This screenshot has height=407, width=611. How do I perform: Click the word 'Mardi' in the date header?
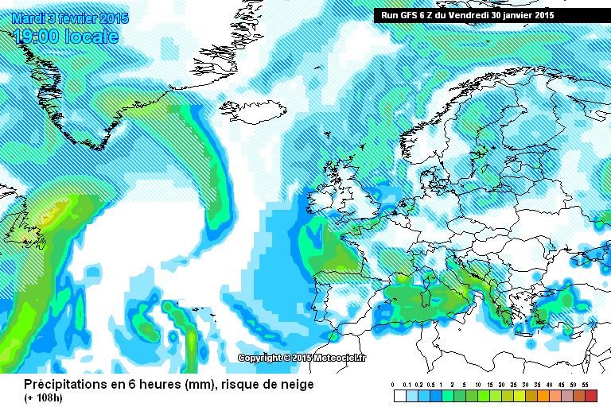pos(27,18)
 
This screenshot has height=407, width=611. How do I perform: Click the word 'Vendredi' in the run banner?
pos(472,15)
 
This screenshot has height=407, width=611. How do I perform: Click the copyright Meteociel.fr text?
pos(302,359)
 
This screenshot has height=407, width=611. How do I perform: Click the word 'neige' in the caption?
pos(296,385)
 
